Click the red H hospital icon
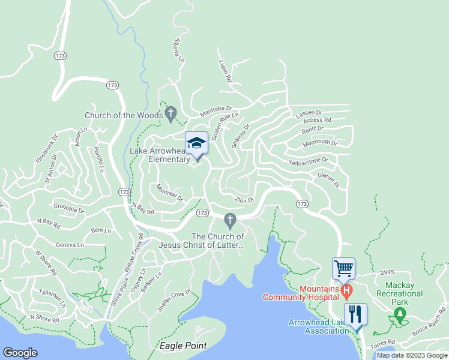point(346,292)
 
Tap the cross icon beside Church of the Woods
point(170,113)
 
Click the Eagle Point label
point(183,346)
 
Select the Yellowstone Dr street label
point(308,161)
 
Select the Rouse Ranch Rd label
point(428,329)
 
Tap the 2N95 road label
point(387,272)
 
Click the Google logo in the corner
point(20,353)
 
